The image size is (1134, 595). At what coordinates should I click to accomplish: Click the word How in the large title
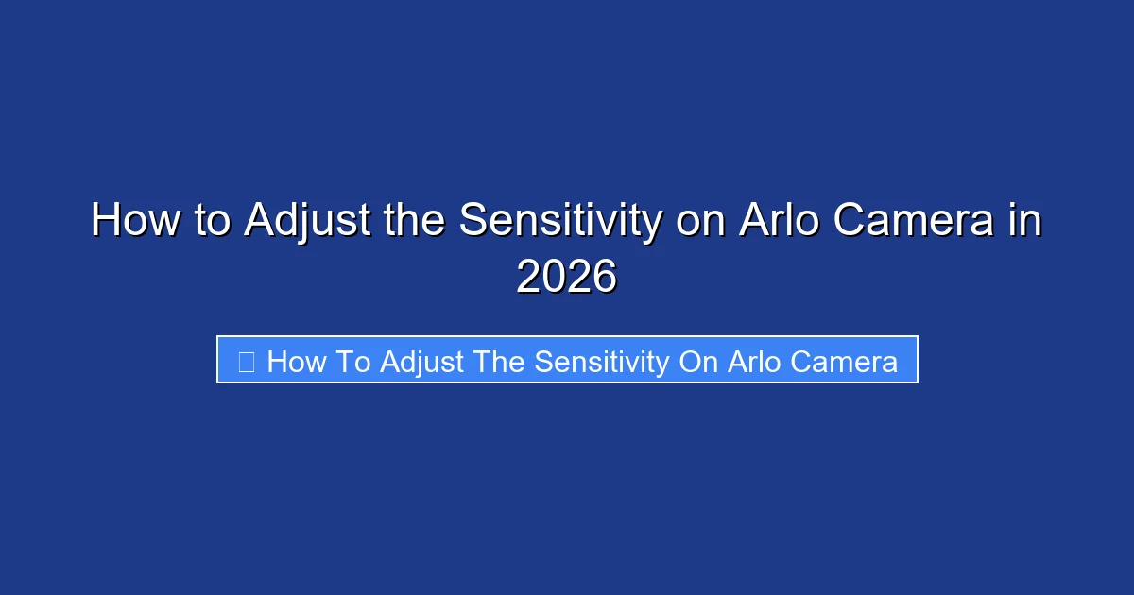127,222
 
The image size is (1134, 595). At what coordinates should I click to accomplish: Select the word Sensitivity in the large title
559,222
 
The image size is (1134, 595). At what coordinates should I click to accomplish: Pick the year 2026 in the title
566,277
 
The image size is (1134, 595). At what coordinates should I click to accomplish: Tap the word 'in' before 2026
1024,222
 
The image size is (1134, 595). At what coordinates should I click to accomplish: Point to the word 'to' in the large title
207,222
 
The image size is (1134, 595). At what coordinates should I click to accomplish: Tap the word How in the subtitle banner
297,362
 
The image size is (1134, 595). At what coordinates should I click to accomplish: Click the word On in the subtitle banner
699,362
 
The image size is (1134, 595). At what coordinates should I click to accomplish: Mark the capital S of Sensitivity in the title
472,222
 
